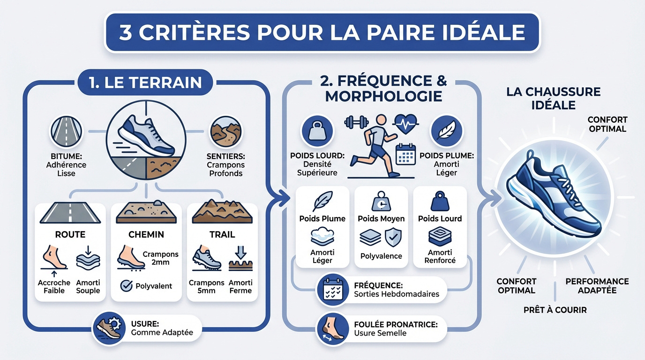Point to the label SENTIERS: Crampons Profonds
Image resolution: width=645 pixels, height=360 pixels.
click(x=225, y=165)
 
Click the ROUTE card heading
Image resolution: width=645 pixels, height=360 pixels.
click(x=70, y=234)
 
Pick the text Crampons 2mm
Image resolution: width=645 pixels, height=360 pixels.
click(x=160, y=258)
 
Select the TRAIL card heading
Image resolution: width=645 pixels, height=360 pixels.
click(x=222, y=234)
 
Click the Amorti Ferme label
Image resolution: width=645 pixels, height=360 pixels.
click(x=240, y=286)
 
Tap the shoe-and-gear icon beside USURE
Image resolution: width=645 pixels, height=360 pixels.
click(x=109, y=327)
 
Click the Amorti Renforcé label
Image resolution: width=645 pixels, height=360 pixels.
click(x=440, y=256)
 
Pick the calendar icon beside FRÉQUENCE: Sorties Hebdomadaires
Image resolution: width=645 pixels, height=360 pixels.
click(x=332, y=290)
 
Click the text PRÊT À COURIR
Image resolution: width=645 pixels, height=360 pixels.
click(x=555, y=310)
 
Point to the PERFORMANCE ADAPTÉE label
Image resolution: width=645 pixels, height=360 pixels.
click(x=597, y=286)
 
